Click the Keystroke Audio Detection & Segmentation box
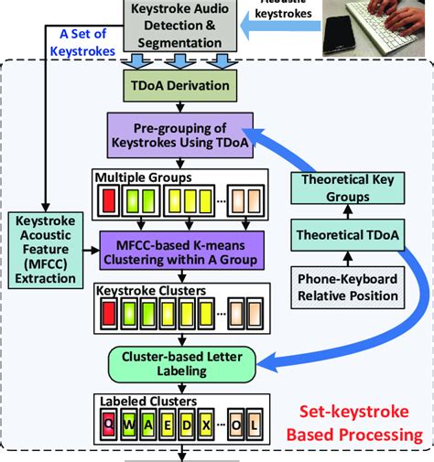[x=179, y=26]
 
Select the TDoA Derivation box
[x=179, y=87]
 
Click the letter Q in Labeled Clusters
[x=109, y=424]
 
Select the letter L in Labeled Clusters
[x=256, y=424]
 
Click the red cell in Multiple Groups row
[x=109, y=199]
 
